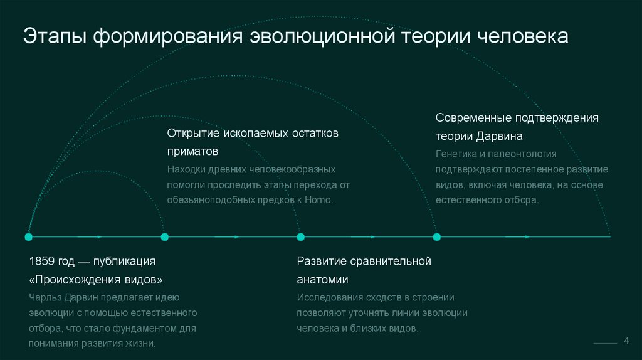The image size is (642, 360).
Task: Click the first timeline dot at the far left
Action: tap(28, 236)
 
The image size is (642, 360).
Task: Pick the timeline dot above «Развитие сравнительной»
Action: tap(300, 236)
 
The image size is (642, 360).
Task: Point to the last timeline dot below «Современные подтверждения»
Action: tap(437, 236)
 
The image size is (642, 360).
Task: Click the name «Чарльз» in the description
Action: tap(46, 297)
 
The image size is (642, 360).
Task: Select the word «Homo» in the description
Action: tap(318, 199)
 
